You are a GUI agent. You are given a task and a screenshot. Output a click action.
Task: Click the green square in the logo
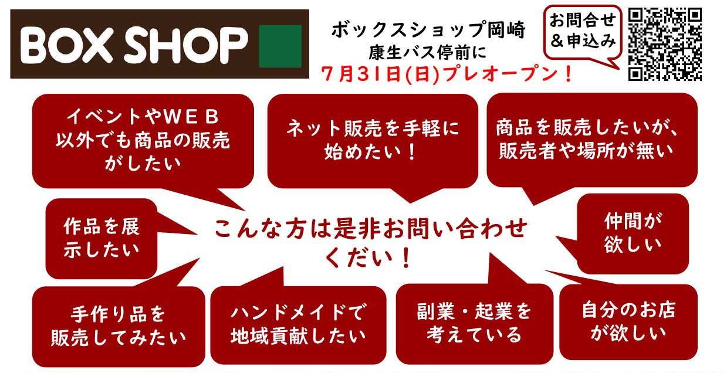280,46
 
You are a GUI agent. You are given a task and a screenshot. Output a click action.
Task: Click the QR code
665,44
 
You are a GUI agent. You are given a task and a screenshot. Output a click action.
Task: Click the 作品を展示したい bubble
101,238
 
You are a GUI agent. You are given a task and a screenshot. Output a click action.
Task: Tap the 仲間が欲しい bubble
633,233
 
